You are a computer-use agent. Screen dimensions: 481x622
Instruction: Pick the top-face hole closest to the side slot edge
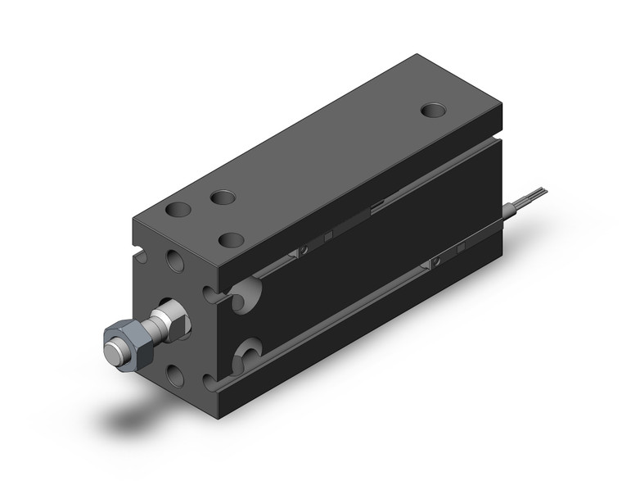click(x=232, y=239)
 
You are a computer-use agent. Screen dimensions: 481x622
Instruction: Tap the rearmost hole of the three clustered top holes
click(x=222, y=197)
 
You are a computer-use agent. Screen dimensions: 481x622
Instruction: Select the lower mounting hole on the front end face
click(x=175, y=374)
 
